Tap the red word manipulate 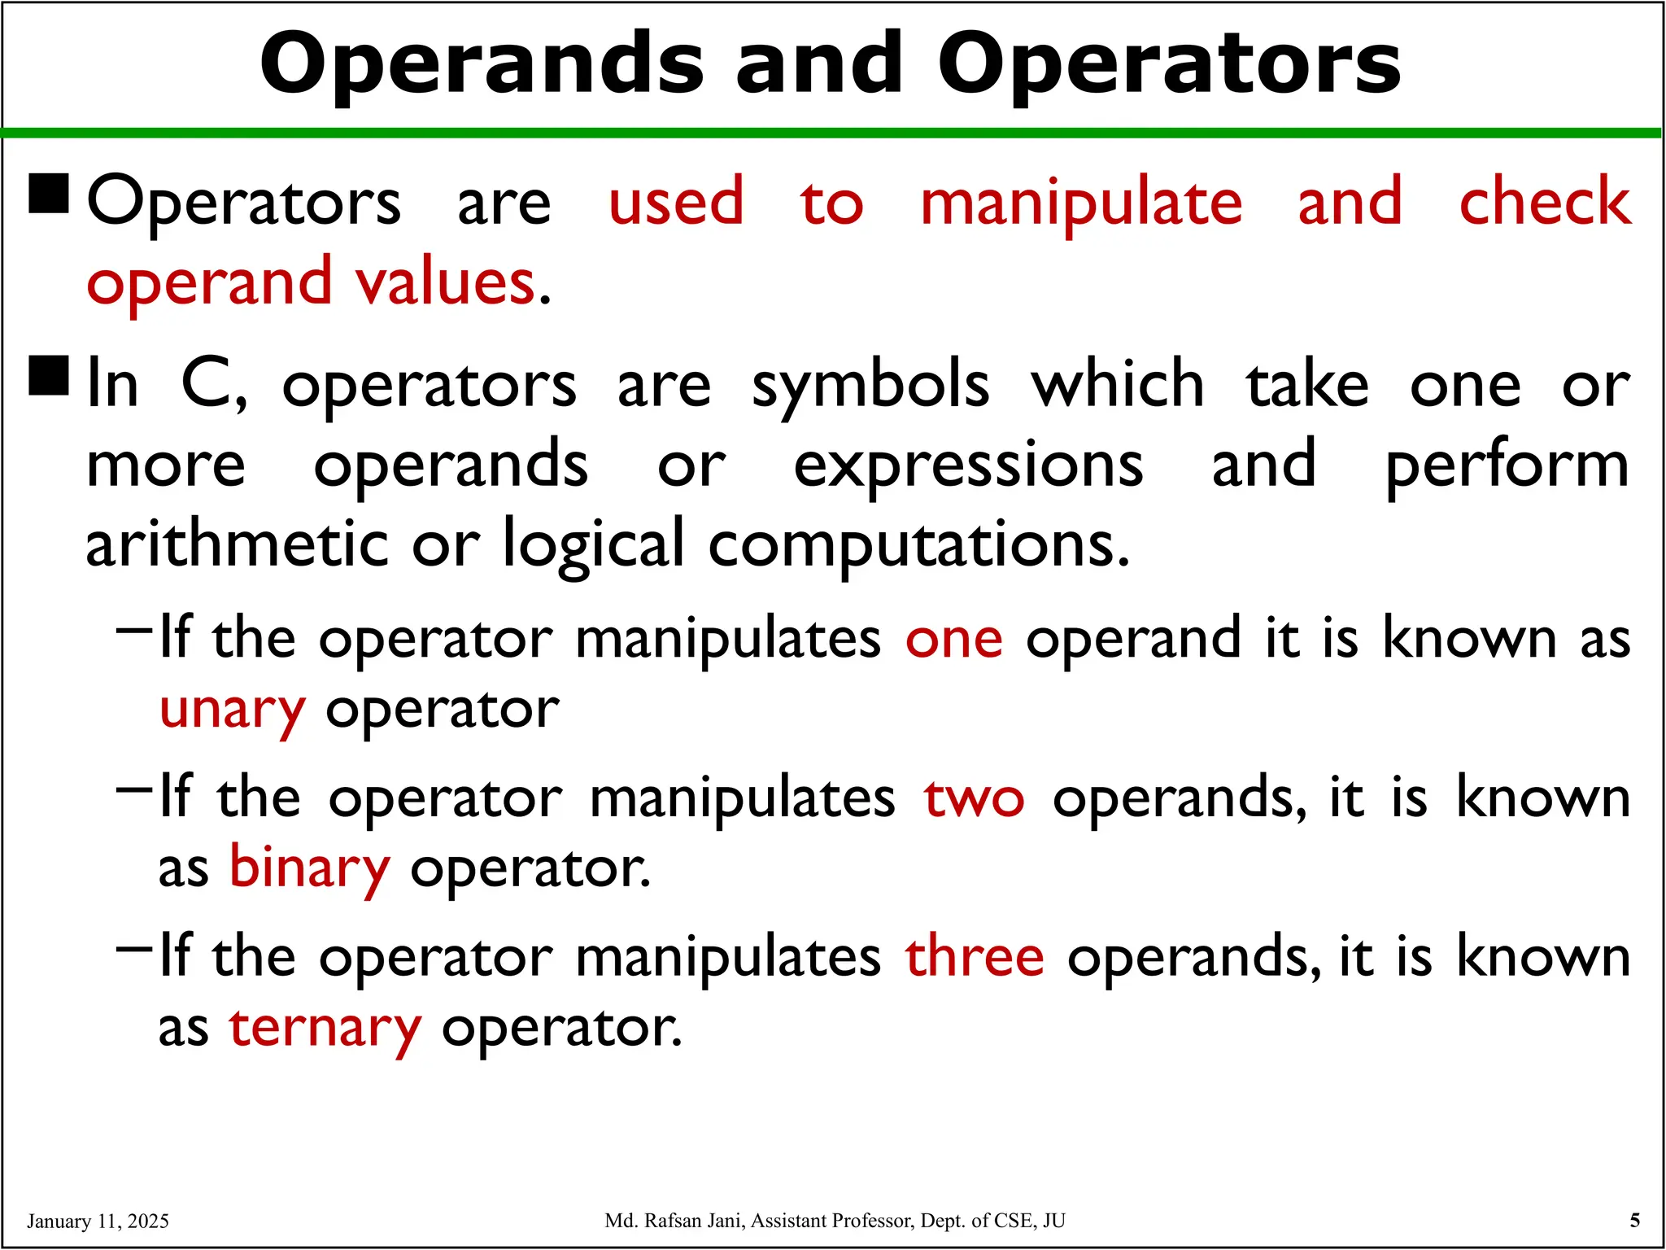pyautogui.click(x=1081, y=203)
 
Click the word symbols pyautogui.click(x=870, y=386)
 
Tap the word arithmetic pyautogui.click(x=237, y=544)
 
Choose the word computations pyautogui.click(x=918, y=545)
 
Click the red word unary pyautogui.click(x=233, y=710)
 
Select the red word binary pyautogui.click(x=310, y=868)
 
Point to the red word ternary pyautogui.click(x=325, y=1028)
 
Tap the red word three pyautogui.click(x=975, y=956)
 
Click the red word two pyautogui.click(x=974, y=798)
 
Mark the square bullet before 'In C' pyautogui.click(x=49, y=376)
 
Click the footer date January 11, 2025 pyautogui.click(x=98, y=1221)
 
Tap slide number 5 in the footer pyautogui.click(x=1635, y=1220)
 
